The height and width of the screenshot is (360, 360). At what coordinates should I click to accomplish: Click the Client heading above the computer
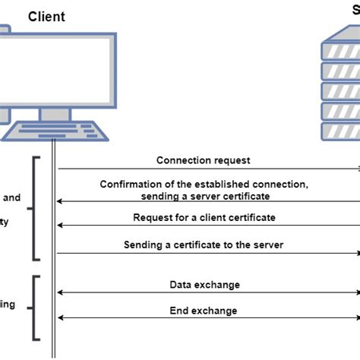click(x=46, y=16)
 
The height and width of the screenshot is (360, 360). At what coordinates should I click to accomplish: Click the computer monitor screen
click(x=57, y=69)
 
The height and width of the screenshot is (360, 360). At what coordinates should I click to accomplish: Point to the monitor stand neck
click(x=55, y=114)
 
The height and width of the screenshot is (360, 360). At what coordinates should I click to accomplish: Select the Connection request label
click(x=203, y=160)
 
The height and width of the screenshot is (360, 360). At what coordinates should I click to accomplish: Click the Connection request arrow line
click(x=205, y=169)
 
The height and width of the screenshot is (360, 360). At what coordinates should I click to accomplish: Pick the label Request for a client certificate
click(x=204, y=217)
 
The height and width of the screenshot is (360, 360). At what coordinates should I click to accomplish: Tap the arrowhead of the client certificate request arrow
click(x=61, y=226)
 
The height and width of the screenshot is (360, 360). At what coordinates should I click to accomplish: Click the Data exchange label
click(x=204, y=284)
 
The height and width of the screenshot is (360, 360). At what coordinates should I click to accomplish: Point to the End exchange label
click(x=204, y=310)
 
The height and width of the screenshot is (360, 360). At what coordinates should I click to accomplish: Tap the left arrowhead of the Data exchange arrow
click(x=61, y=292)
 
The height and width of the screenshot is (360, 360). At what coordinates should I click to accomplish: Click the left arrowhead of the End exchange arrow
click(x=61, y=318)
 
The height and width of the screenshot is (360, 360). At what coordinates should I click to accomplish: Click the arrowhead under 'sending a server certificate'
click(x=61, y=201)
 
